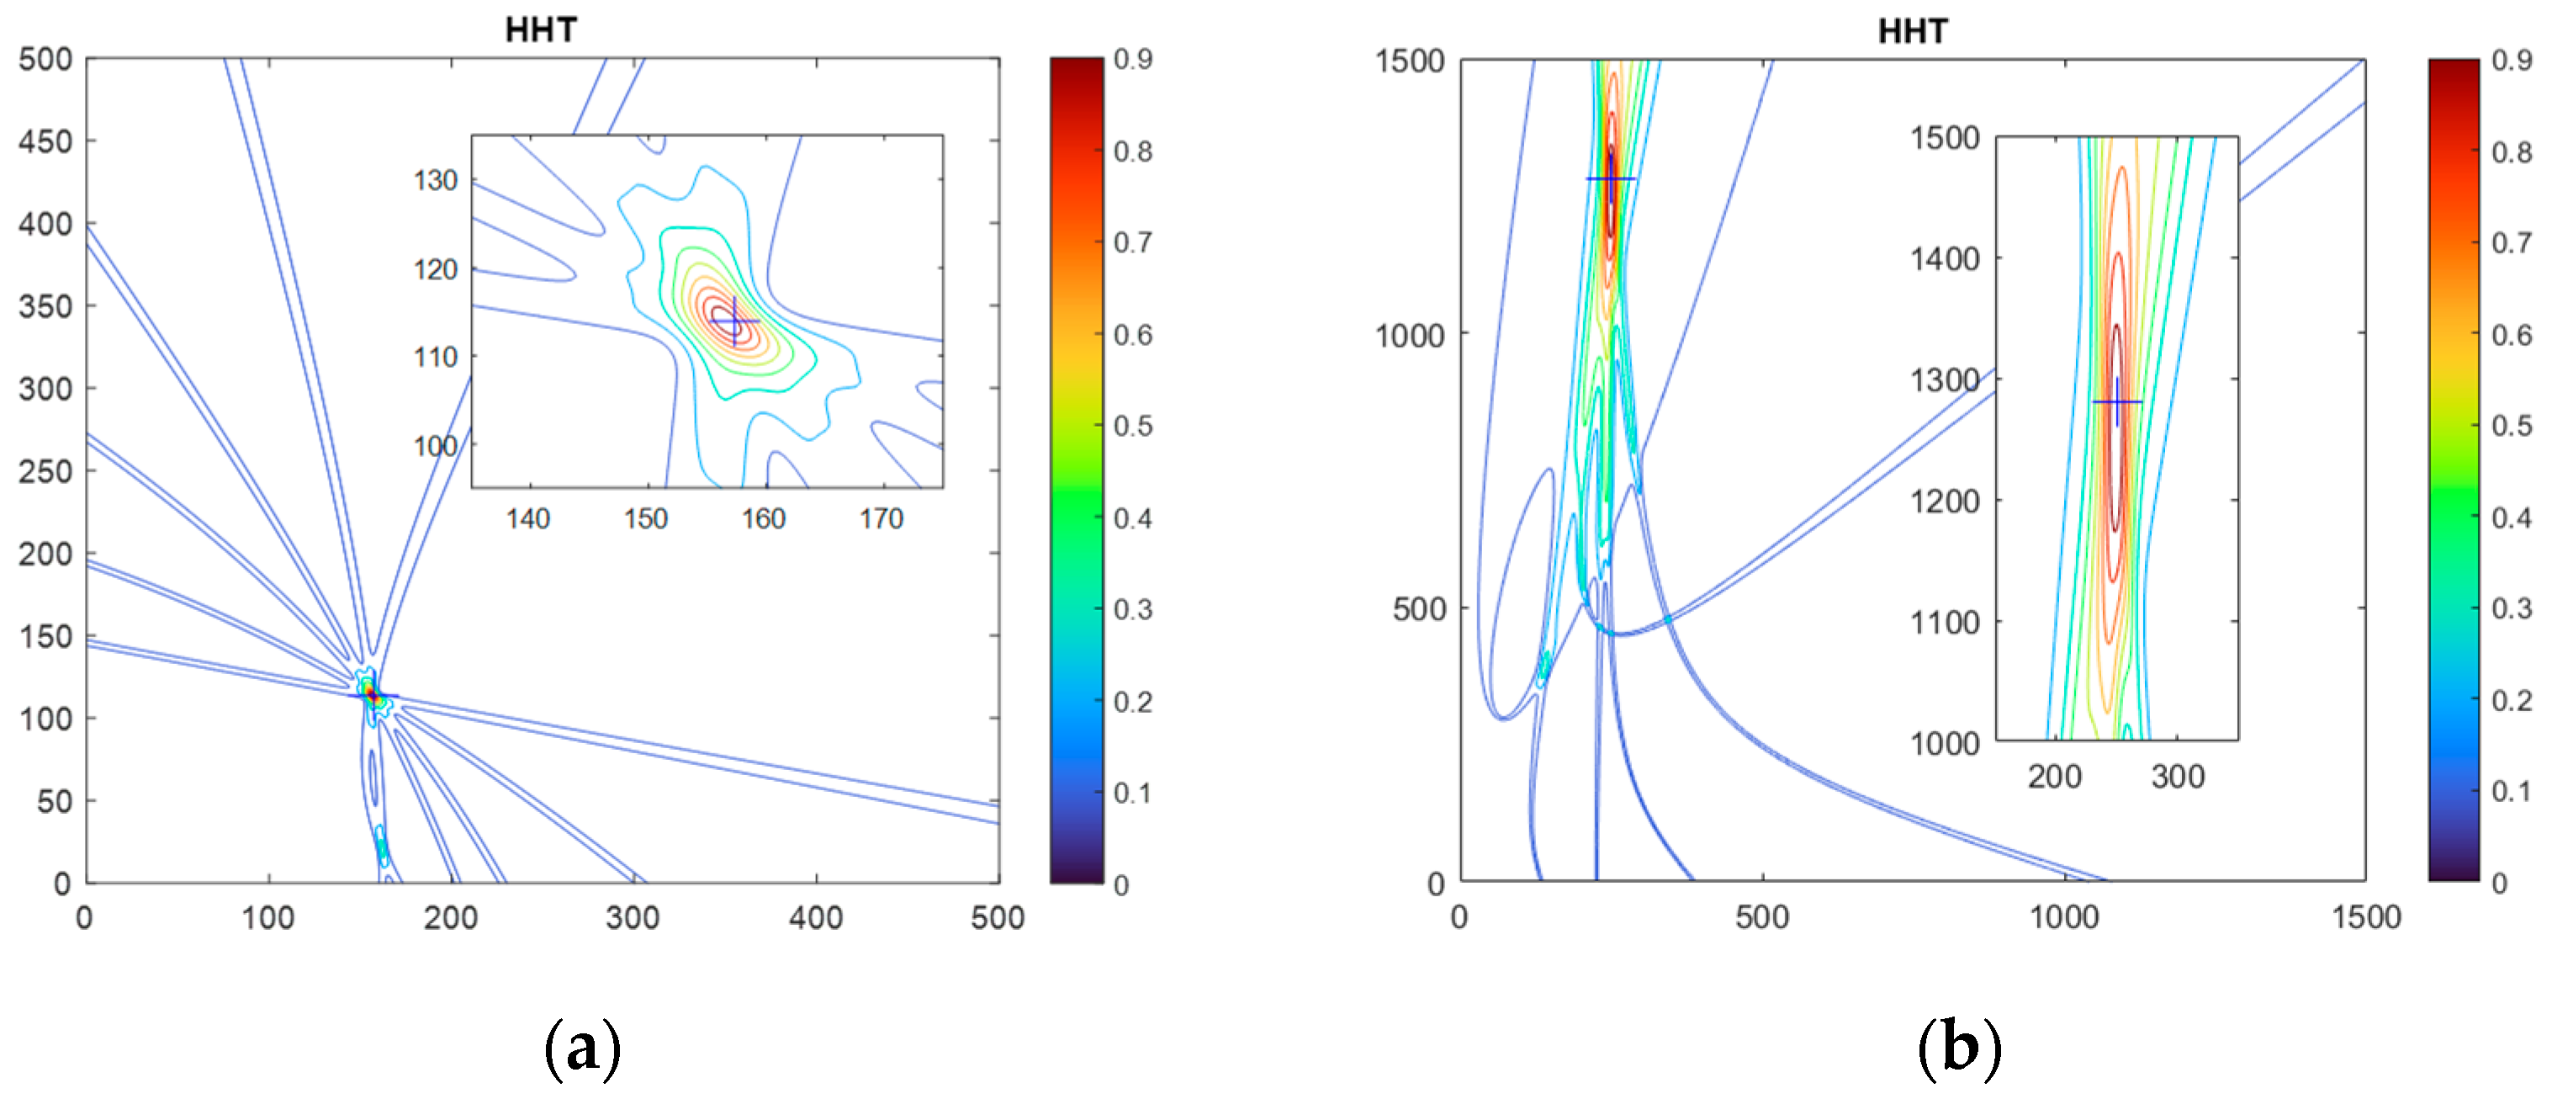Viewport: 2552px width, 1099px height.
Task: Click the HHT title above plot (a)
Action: point(540,29)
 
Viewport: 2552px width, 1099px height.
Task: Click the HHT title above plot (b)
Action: point(1912,32)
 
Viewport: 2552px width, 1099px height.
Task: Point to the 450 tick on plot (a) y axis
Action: point(45,141)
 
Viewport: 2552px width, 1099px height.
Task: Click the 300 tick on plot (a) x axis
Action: point(633,917)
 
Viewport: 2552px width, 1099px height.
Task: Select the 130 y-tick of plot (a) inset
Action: point(436,180)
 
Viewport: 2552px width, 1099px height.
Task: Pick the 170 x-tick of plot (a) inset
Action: point(881,518)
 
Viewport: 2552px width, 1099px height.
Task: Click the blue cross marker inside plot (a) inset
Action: point(734,321)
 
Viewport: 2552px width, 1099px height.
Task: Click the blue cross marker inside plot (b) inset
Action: point(2117,401)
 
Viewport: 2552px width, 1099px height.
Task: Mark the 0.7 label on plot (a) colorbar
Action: point(1132,243)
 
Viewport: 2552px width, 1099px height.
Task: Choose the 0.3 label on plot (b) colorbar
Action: point(2512,608)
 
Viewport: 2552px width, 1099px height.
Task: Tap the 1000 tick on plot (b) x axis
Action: point(2063,917)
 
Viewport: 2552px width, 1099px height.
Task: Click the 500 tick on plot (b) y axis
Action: point(1419,609)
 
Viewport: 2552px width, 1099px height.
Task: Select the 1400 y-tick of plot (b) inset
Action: point(1945,258)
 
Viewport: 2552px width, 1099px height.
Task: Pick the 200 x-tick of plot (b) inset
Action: point(2054,776)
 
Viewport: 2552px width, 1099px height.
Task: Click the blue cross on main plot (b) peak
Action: point(1611,178)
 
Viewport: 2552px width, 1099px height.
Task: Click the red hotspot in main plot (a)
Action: point(370,693)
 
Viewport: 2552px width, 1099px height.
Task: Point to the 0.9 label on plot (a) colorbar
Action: point(1132,60)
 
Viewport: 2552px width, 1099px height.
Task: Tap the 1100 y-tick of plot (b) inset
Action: point(1945,623)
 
